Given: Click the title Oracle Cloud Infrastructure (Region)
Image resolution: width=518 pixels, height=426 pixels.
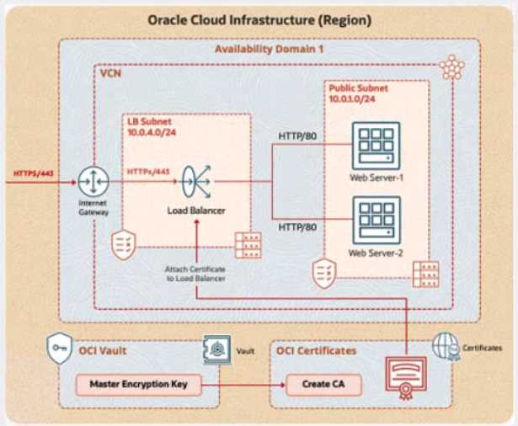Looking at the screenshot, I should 259,19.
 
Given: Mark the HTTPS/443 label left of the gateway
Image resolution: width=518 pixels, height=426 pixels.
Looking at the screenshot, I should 35,173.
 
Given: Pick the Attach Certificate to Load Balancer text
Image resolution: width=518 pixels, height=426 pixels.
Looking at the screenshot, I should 195,273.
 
